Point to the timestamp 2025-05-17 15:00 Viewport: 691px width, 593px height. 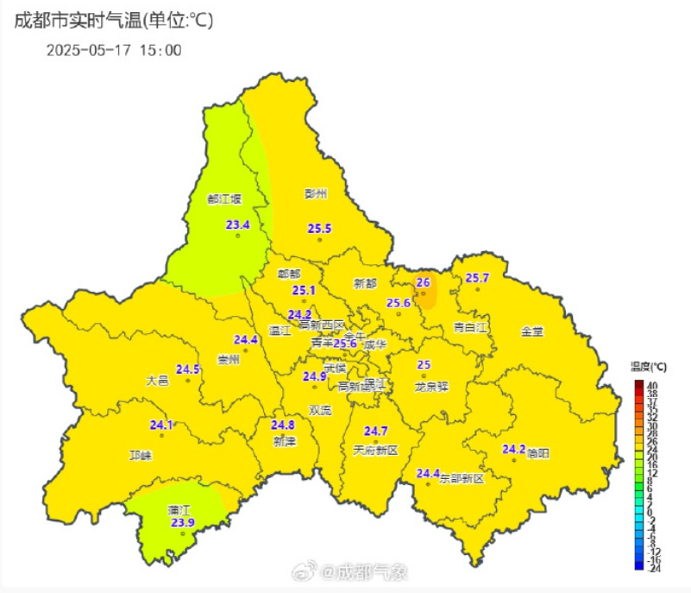coord(114,50)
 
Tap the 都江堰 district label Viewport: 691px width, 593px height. coord(224,199)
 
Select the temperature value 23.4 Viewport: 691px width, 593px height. coord(237,225)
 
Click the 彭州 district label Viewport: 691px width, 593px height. coord(317,194)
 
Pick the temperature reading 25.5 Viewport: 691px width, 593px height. coord(319,228)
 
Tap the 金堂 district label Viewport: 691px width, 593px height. coord(532,331)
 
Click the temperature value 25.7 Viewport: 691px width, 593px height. coord(477,278)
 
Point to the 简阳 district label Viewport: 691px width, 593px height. coord(537,453)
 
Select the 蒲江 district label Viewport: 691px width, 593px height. coord(179,510)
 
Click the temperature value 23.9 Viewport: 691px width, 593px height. coord(182,522)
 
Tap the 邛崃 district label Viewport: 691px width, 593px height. coord(140,455)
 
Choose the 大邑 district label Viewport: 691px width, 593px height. coord(157,380)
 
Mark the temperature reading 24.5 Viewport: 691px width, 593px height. coord(188,369)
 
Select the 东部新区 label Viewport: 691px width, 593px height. coord(462,477)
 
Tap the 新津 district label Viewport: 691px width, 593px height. coord(284,441)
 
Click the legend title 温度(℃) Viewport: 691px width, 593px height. coord(649,367)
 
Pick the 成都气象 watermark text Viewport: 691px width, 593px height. coord(371,571)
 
